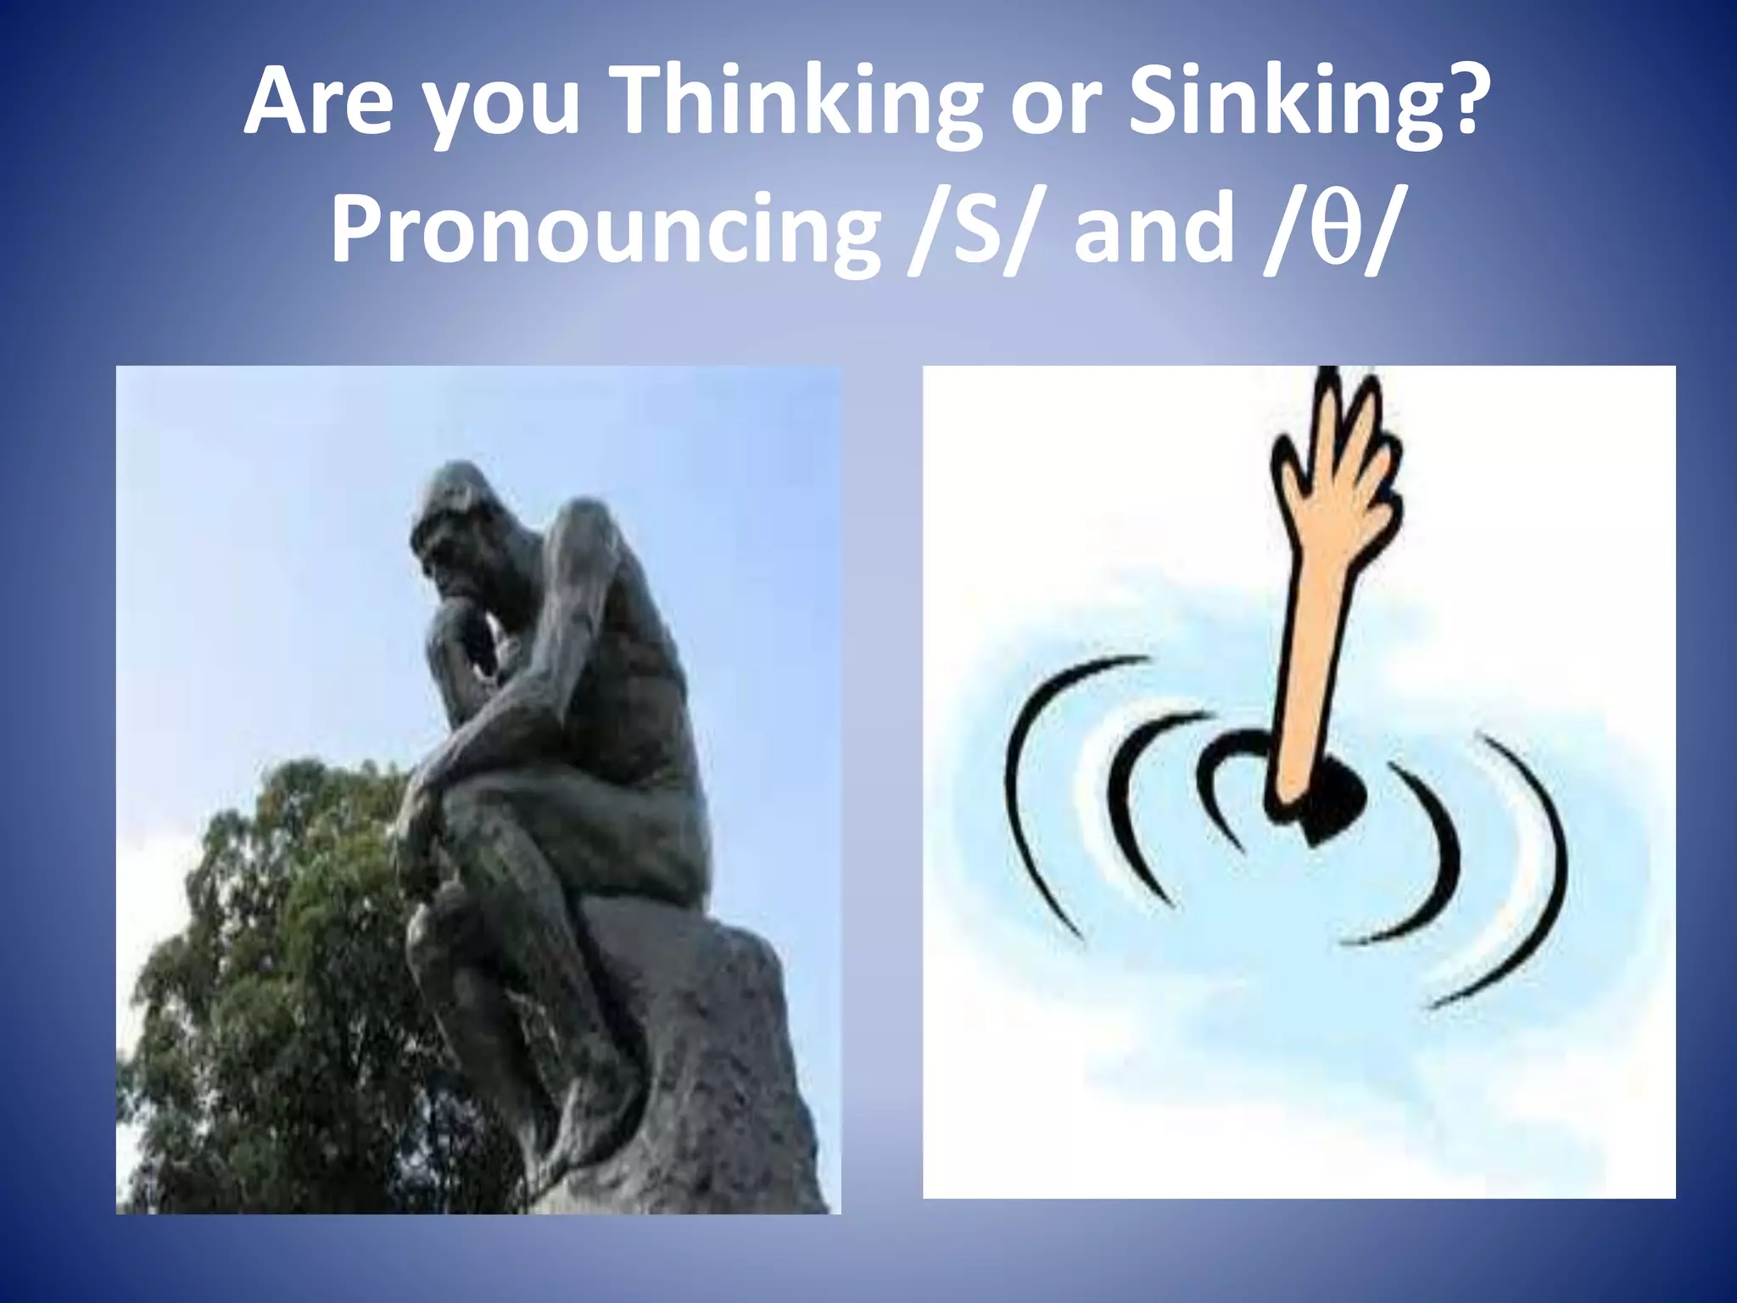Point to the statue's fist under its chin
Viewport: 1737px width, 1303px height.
(462, 628)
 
